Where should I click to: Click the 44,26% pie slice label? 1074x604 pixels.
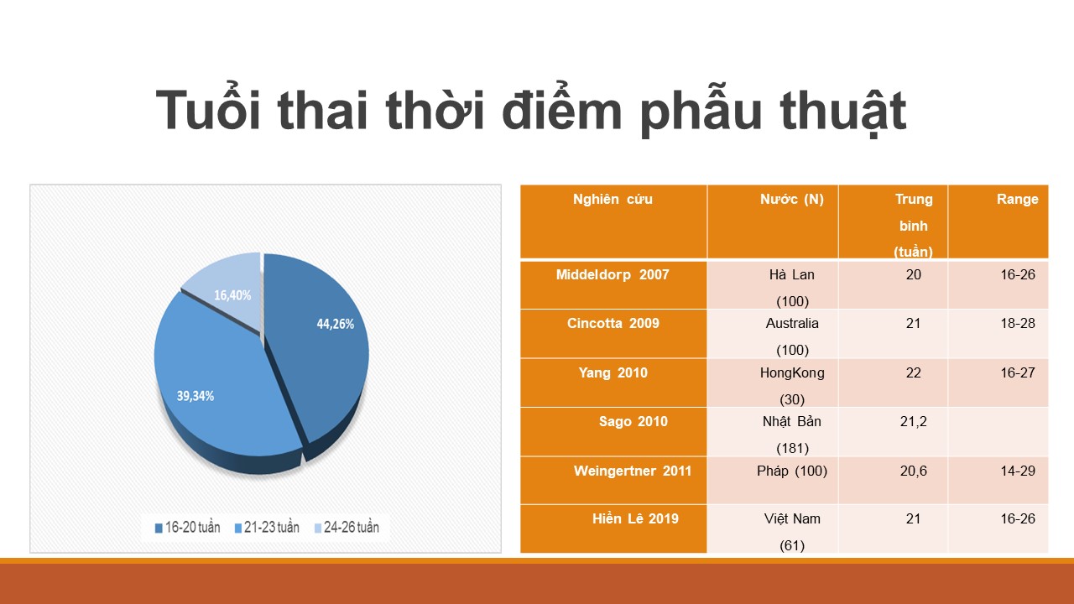coord(335,324)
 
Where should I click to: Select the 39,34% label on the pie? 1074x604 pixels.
coord(196,396)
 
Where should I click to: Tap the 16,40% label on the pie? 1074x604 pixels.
coord(232,295)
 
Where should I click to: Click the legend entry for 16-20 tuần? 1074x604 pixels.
coord(187,528)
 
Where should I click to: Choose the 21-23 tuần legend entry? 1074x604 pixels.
coord(267,528)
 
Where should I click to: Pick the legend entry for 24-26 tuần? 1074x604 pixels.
coord(347,528)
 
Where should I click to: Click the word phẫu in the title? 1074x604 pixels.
coord(701,112)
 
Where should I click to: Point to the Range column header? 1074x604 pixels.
coord(1018,199)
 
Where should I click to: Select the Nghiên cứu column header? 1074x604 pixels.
coord(613,199)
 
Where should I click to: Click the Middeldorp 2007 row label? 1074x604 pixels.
coord(613,274)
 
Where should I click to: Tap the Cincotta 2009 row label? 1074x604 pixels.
coord(613,323)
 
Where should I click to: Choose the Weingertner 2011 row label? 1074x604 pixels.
coord(633,471)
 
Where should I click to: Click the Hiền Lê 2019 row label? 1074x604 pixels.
coord(635,518)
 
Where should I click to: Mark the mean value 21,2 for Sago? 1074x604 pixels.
coord(914,421)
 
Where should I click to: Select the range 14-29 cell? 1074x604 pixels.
coord(1018,471)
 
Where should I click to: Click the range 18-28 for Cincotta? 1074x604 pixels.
coord(1018,323)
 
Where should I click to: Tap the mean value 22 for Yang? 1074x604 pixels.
coord(914,372)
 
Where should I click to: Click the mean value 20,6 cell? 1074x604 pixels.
coord(914,471)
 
